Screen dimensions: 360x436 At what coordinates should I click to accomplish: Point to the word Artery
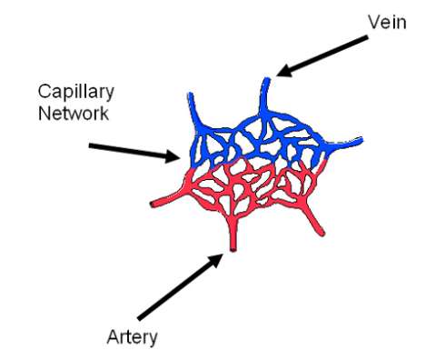coord(131,337)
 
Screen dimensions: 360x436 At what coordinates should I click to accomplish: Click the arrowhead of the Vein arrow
coord(280,72)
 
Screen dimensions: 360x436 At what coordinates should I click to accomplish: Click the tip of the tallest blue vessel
coord(267,81)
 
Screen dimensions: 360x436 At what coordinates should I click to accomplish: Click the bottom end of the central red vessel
coord(233,248)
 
